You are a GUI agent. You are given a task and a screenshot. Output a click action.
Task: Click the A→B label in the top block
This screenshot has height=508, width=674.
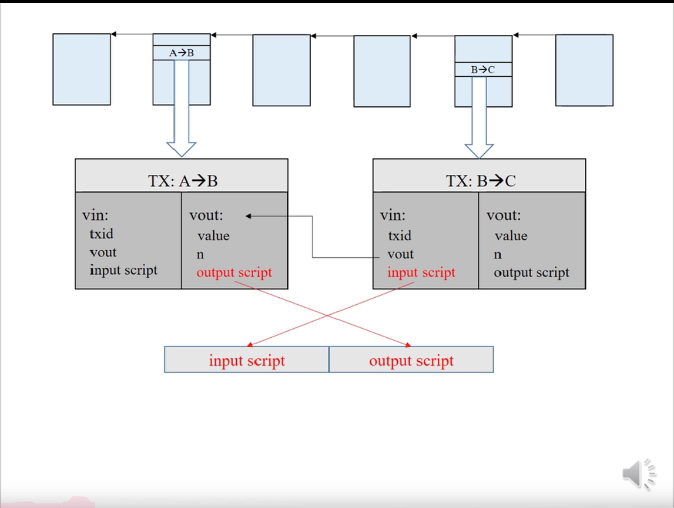[x=182, y=53]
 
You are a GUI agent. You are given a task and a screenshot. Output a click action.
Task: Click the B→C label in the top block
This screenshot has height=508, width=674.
[x=483, y=70]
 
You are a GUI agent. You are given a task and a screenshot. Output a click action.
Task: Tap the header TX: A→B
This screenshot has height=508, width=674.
[x=182, y=181]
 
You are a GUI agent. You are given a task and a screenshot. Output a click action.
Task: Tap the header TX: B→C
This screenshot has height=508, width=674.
[x=480, y=181]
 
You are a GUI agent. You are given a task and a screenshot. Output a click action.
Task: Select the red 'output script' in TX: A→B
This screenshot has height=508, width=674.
[x=234, y=272]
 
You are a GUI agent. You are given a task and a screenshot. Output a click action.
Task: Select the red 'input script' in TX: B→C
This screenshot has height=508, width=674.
[x=421, y=272]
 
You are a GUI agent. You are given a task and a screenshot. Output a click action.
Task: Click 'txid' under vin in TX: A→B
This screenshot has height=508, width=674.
[x=101, y=234]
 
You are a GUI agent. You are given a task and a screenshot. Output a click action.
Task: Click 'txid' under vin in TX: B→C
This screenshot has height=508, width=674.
[x=399, y=235]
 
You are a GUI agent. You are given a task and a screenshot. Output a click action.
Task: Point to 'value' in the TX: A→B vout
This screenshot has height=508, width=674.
[x=213, y=236]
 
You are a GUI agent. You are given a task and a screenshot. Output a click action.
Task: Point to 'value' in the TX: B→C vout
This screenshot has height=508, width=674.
[x=511, y=236]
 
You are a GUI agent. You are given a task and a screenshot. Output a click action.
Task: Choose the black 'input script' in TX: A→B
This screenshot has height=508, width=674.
[x=123, y=270]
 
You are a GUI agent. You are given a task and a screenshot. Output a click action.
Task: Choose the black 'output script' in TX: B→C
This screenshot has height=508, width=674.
[x=531, y=272]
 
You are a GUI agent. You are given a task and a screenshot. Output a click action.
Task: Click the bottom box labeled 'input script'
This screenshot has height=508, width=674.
[x=247, y=361]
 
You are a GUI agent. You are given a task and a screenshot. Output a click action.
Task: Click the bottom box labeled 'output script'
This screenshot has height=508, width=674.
[x=411, y=361]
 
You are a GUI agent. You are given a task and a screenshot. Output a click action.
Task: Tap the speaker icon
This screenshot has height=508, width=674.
[x=639, y=474]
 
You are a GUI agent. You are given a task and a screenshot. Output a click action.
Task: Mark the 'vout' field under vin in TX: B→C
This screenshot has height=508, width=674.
[x=401, y=254]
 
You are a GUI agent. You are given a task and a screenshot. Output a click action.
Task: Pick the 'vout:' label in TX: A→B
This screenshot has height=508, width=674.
[x=206, y=215]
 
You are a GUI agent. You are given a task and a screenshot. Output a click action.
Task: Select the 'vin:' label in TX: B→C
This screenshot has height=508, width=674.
[x=392, y=215]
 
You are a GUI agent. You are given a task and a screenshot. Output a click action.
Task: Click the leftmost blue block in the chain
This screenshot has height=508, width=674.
[x=81, y=69]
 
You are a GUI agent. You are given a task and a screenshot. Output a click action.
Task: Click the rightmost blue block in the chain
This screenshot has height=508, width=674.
[x=584, y=70]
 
